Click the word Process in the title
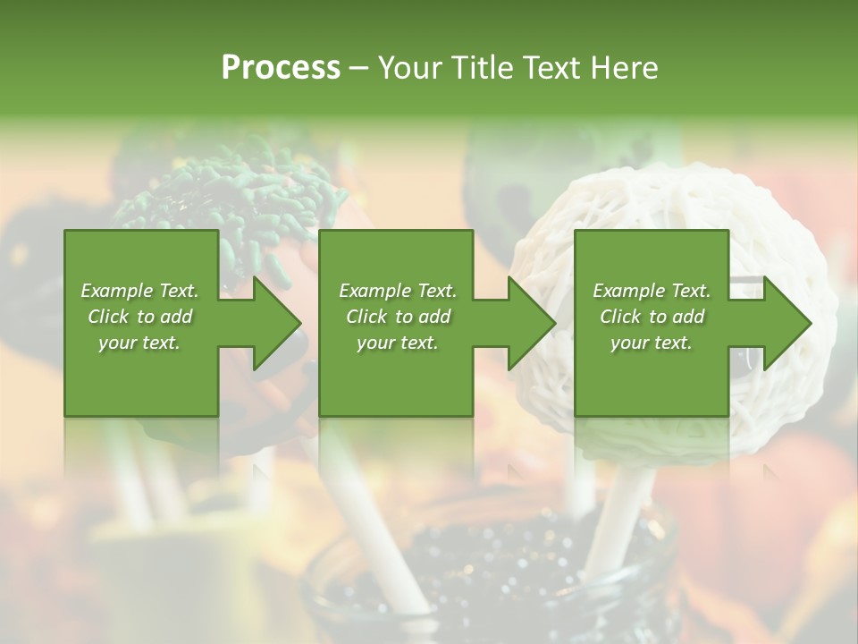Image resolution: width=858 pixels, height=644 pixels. [281, 67]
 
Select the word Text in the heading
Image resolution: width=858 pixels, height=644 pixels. [553, 67]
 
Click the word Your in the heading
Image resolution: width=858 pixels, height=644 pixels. [408, 67]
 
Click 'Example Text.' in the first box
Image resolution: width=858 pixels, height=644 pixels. [139, 291]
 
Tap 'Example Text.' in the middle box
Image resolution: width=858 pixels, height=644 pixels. [398, 291]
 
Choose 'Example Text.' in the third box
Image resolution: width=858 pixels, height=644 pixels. [652, 291]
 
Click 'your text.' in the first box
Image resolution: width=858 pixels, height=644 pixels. [139, 343]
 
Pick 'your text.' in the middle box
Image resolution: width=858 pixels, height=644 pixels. [398, 343]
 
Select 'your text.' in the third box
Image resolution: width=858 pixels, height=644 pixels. [652, 343]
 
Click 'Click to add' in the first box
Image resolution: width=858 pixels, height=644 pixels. [139, 317]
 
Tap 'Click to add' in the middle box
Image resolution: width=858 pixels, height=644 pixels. [398, 317]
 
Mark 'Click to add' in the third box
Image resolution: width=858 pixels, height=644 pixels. [652, 317]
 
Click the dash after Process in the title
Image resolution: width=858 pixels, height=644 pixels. [359, 68]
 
